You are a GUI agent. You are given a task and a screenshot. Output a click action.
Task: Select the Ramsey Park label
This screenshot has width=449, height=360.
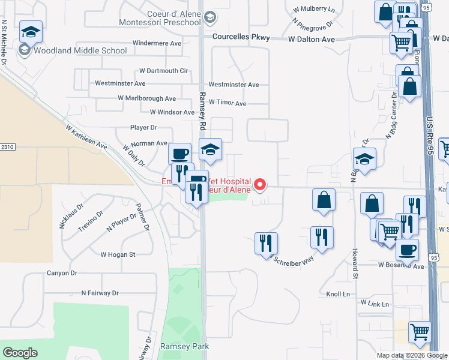(x=184, y=347)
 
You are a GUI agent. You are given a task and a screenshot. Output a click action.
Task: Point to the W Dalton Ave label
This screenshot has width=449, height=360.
(x=312, y=39)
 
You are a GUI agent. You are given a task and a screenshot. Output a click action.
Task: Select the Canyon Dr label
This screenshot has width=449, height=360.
(x=62, y=273)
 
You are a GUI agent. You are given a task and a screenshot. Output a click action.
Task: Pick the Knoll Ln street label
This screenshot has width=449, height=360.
(x=338, y=294)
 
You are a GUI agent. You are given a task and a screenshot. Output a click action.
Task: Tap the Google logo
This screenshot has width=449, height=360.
(x=20, y=352)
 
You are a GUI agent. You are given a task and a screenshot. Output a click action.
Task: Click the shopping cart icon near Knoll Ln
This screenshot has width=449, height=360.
(x=420, y=332)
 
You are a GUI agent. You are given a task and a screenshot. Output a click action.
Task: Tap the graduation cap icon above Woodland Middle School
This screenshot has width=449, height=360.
(x=31, y=31)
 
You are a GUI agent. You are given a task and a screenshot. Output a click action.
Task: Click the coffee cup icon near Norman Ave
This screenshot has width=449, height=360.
(x=179, y=154)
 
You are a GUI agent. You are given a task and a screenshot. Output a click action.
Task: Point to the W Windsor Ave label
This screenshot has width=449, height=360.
(x=172, y=112)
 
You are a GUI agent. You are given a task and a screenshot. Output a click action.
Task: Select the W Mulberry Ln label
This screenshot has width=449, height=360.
(x=314, y=10)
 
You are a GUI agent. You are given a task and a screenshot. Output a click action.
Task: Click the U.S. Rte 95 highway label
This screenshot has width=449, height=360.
(x=429, y=136)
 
